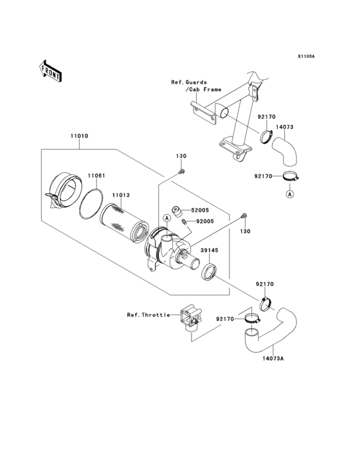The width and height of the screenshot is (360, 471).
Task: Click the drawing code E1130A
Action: click(x=305, y=57)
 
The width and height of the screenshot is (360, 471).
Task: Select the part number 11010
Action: click(x=80, y=136)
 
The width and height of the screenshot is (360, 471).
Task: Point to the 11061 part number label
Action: click(x=96, y=175)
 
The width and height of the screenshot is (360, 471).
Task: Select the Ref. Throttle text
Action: click(x=148, y=315)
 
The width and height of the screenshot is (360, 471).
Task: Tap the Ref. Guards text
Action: click(x=189, y=82)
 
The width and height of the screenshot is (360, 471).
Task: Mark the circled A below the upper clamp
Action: click(x=290, y=194)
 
